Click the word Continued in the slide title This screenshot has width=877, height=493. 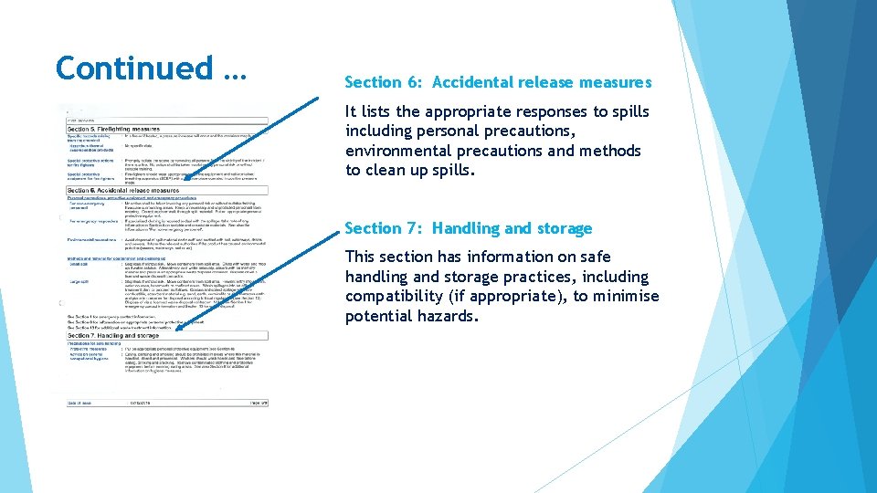click(133, 68)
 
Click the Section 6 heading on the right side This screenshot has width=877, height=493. click(498, 82)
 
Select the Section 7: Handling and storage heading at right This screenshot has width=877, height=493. click(468, 228)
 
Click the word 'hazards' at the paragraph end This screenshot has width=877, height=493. click(448, 316)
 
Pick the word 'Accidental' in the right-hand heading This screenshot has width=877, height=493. click(473, 82)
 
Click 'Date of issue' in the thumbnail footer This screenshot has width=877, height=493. click(80, 402)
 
